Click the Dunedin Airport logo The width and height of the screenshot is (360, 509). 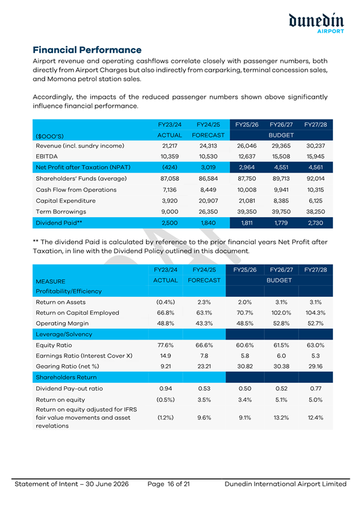pos(316,24)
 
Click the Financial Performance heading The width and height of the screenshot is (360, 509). pos(87,50)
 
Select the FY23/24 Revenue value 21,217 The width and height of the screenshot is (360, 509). pos(169,146)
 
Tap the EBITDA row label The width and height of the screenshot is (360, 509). pos(47,156)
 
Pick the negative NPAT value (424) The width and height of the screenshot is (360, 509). pos(169,168)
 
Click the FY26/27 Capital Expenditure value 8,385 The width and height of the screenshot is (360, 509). pos(281,201)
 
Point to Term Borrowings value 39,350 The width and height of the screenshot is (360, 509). pos(247,212)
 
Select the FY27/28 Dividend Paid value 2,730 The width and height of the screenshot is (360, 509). pos(315,223)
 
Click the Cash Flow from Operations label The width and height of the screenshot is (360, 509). pos(76,190)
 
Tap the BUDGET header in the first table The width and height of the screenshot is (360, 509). pos(281,135)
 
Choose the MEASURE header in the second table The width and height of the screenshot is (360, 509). pos(51,282)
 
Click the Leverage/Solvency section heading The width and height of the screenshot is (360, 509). pos(64,334)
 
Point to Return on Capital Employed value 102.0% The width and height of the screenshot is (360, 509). pos(281,313)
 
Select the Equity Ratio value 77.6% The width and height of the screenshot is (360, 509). pos(166,346)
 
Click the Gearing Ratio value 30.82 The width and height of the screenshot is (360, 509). pos(245,367)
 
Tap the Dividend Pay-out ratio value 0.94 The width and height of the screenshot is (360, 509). pos(166,388)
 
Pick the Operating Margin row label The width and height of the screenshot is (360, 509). pos(62,324)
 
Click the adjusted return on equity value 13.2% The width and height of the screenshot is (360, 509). pos(281,418)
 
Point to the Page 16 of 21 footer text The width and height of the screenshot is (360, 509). pos(168,484)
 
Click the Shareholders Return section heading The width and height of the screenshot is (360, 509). pos(66,377)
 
